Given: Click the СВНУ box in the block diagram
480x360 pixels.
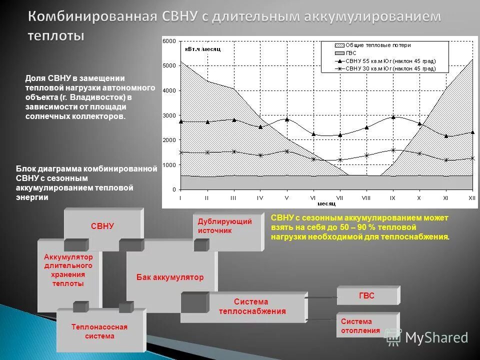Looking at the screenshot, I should click(x=102, y=226).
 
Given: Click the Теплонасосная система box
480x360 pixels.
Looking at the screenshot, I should click(x=99, y=331).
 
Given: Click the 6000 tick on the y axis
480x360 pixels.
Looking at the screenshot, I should click(x=171, y=40).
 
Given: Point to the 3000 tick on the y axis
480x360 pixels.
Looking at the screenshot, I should click(x=171, y=115).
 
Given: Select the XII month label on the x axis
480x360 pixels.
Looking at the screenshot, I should click(x=471, y=198).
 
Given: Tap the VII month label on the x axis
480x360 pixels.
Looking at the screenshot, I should click(x=339, y=198).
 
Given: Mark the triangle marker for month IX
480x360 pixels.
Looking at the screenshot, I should click(x=393, y=117).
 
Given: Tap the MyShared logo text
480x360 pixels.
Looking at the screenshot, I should click(x=436, y=337).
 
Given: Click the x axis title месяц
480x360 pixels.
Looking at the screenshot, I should click(x=326, y=203).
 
